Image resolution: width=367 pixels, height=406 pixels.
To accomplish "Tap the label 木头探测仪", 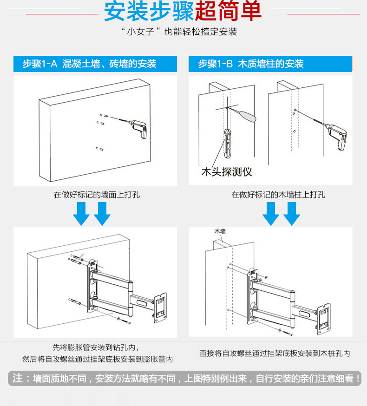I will [226, 172].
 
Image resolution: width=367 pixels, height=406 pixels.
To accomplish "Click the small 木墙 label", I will [220, 231].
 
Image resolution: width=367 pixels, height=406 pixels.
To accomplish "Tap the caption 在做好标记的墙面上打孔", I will [97, 195].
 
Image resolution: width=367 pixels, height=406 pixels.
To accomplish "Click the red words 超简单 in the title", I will [228, 12].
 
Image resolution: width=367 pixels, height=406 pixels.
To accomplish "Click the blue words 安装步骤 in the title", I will [149, 12].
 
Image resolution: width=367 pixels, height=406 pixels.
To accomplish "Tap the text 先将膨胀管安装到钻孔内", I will [95, 347].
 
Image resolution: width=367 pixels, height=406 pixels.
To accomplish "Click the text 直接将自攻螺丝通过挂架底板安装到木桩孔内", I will [275, 354].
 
